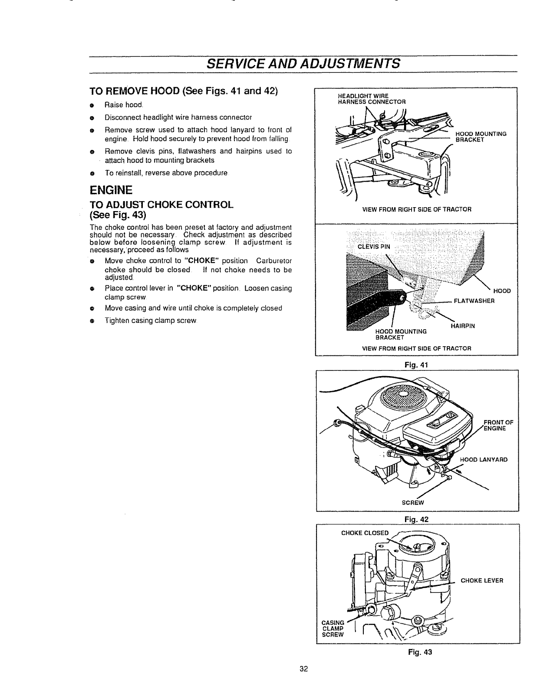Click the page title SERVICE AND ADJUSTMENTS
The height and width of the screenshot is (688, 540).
303,63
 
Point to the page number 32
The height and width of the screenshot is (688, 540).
303,669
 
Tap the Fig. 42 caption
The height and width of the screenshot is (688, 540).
417,518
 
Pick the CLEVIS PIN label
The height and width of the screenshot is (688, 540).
374,247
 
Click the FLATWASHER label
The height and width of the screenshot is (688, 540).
474,300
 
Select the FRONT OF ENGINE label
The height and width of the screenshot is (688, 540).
498,424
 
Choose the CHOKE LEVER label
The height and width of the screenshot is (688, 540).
482,580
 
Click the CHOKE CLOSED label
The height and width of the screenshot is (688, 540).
365,533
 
